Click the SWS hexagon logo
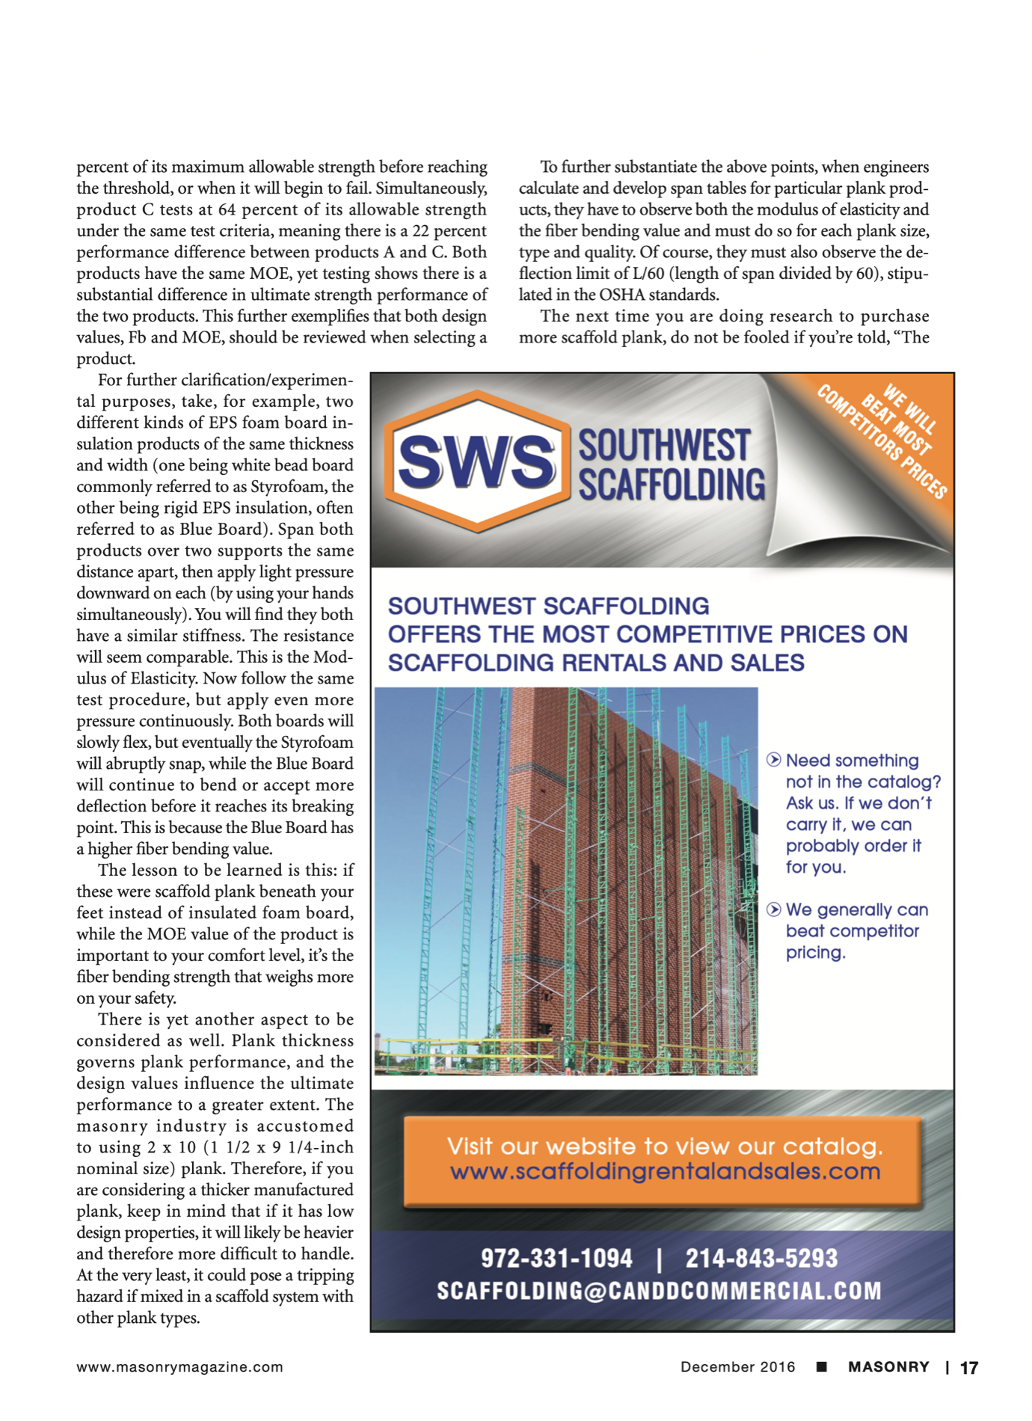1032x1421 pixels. tap(476, 461)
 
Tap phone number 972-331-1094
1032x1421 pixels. tap(556, 1259)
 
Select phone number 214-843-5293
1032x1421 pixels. tap(761, 1259)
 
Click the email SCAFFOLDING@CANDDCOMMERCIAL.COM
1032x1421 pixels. tap(659, 1291)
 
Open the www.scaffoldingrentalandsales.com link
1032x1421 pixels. tap(665, 1171)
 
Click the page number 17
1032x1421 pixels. tap(968, 1368)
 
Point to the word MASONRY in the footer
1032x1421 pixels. tap(888, 1367)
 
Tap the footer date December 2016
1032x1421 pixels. tap(737, 1367)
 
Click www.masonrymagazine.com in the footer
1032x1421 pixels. tap(179, 1367)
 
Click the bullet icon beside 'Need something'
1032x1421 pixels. tap(774, 761)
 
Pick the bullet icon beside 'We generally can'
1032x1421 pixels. tap(774, 910)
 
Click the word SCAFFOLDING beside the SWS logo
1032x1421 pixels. tap(672, 485)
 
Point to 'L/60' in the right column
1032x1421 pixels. tap(647, 274)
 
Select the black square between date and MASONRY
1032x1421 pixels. tap(821, 1367)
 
